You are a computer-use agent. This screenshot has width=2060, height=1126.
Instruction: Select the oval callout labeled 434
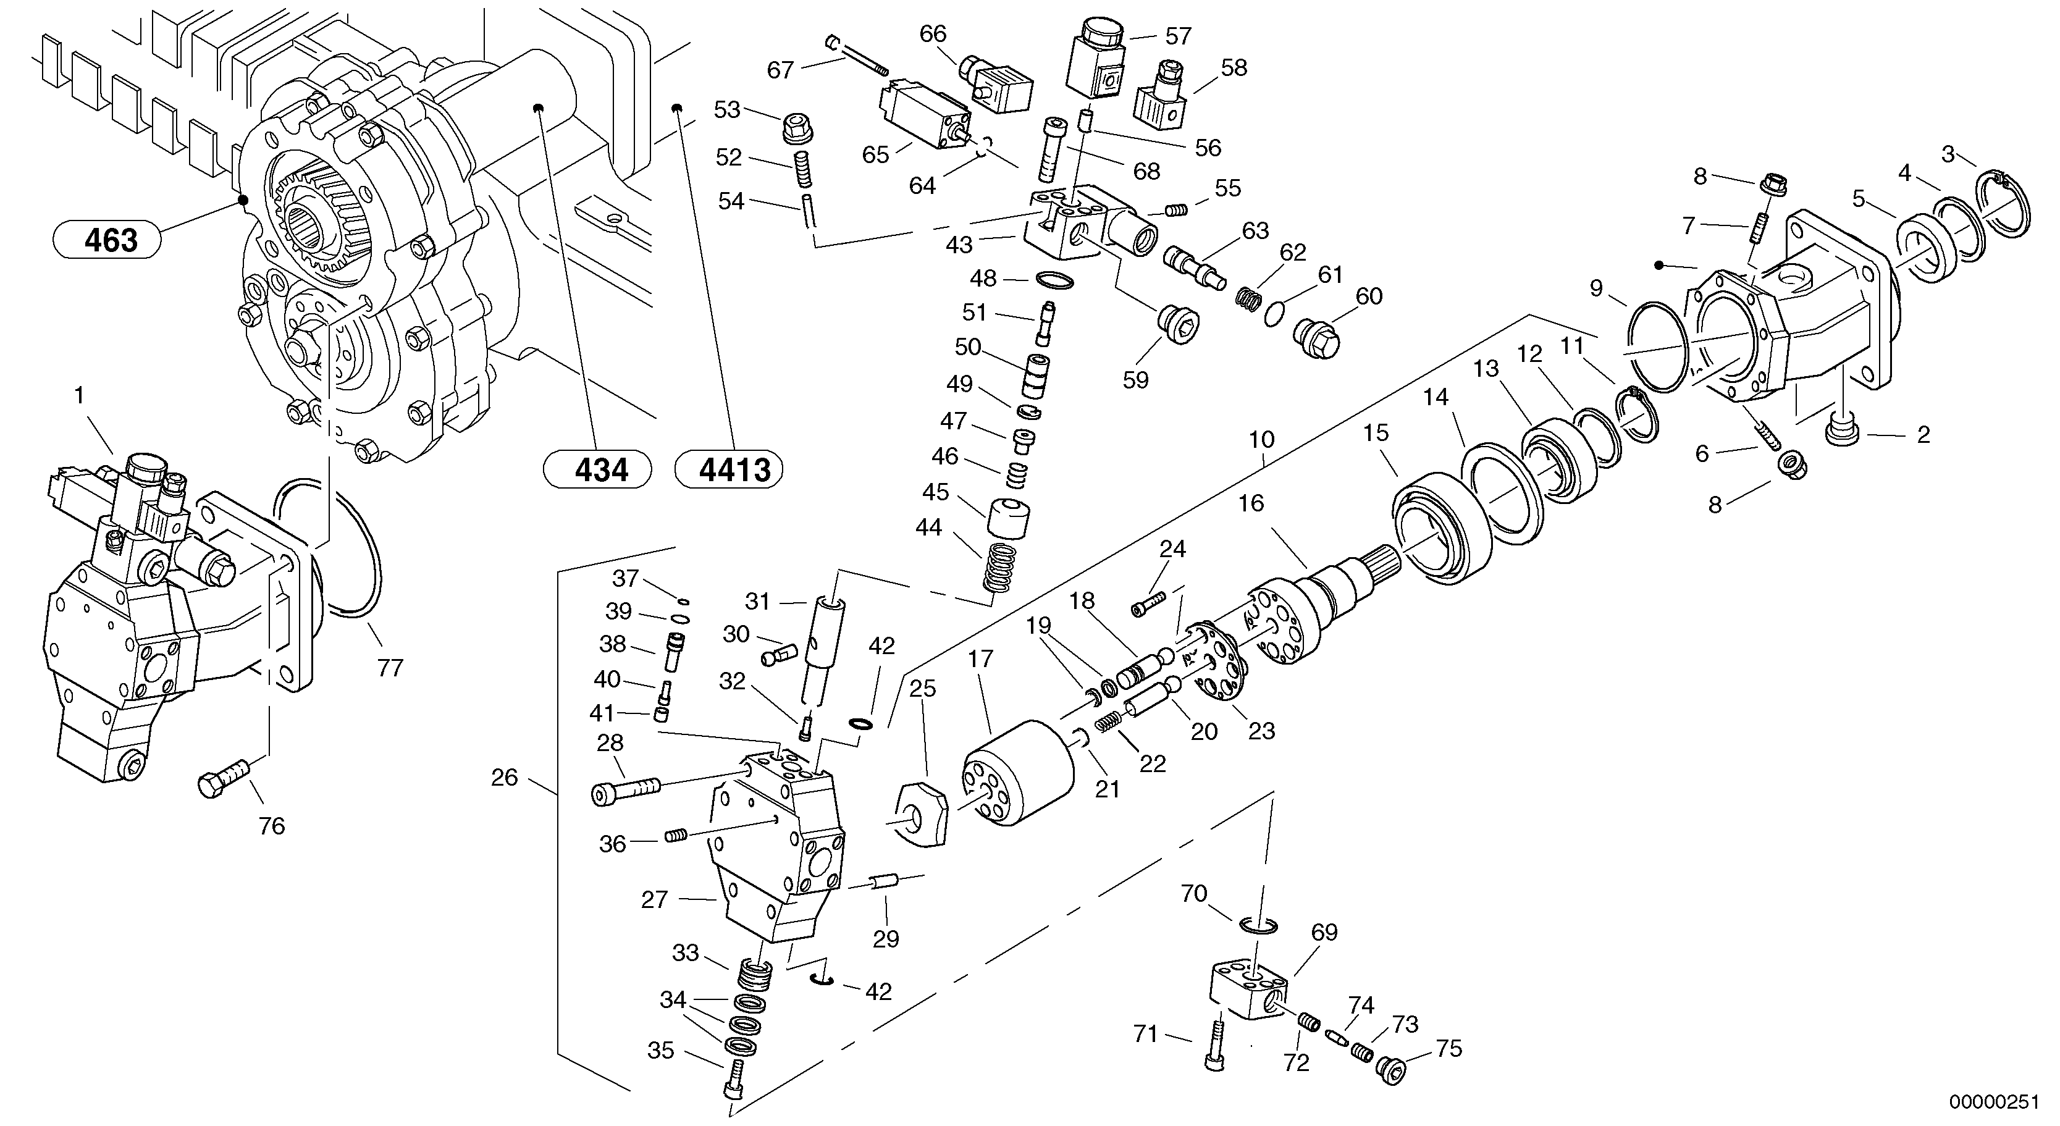pos(597,469)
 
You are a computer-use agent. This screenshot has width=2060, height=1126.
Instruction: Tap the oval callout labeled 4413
pos(728,469)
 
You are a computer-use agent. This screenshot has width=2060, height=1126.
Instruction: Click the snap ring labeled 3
pos(2007,204)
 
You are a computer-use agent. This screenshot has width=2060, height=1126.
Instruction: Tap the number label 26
pos(504,777)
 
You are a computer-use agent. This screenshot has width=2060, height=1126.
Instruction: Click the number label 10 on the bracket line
pos(1261,439)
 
